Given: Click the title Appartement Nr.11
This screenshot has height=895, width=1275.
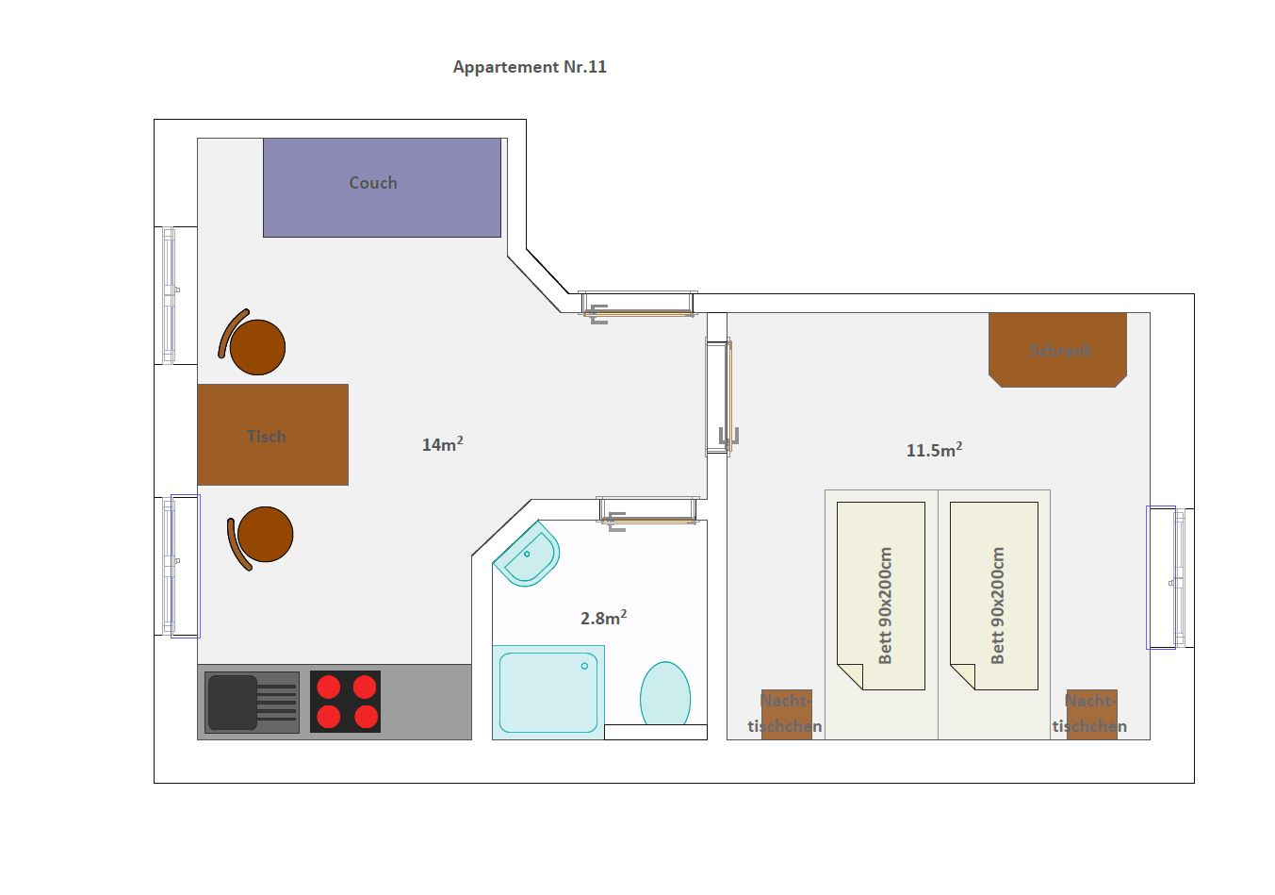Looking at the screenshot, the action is (530, 67).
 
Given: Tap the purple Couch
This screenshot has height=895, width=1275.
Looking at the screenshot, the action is (382, 188).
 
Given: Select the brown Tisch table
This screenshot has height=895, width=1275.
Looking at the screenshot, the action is (272, 435).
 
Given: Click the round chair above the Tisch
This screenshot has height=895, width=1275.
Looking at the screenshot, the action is (253, 343).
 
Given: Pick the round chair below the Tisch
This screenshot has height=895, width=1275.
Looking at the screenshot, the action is (260, 538).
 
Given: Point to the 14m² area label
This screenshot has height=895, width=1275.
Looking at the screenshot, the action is (442, 444).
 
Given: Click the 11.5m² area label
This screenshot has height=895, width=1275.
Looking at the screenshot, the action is (934, 450).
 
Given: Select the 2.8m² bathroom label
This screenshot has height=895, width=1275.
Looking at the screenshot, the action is (603, 618).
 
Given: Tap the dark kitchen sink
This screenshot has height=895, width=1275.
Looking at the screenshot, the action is (252, 702).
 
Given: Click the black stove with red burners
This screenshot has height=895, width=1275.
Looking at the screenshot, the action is (346, 702).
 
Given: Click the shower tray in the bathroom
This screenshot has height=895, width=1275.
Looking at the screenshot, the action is (548, 692).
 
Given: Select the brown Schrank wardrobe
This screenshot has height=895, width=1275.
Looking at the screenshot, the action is (1057, 350).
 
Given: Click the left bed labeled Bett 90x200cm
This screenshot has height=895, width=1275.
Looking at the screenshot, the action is (881, 596).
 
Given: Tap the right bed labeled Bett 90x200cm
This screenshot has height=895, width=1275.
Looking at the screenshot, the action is (994, 596).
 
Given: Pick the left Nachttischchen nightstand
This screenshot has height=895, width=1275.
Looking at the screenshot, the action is (787, 715).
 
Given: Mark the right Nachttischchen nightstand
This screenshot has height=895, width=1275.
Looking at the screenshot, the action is (1092, 715).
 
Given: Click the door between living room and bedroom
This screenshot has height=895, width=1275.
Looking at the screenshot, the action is (718, 396).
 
